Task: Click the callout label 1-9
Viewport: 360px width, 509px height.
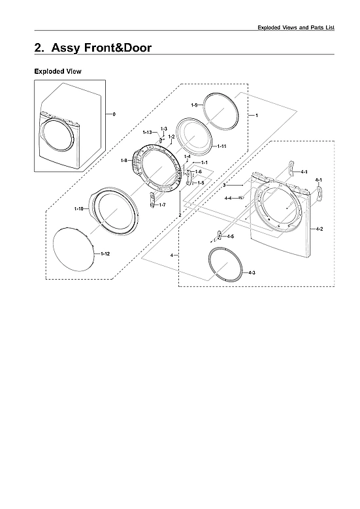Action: point(195,105)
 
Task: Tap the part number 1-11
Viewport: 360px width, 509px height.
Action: point(222,145)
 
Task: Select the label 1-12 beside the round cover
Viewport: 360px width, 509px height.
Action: point(105,252)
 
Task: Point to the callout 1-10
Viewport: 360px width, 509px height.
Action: point(78,208)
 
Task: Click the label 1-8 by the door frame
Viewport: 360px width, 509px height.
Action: point(124,161)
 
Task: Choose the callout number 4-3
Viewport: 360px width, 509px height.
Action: point(252,271)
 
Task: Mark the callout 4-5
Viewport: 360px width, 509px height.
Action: point(231,236)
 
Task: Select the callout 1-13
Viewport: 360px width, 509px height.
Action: point(147,133)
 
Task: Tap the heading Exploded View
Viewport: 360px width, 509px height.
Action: point(57,71)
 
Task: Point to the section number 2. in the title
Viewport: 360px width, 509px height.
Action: point(40,48)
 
